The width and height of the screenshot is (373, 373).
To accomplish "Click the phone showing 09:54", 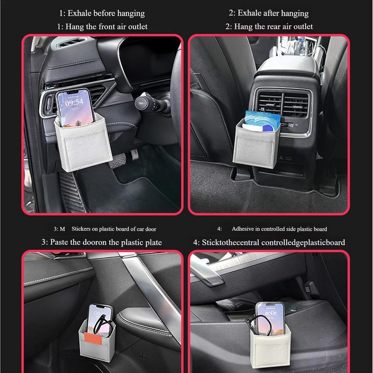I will click(x=70, y=109).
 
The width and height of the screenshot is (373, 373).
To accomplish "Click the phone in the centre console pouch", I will click(x=269, y=317).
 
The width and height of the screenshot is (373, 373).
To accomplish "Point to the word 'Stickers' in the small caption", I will click(x=83, y=229).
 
